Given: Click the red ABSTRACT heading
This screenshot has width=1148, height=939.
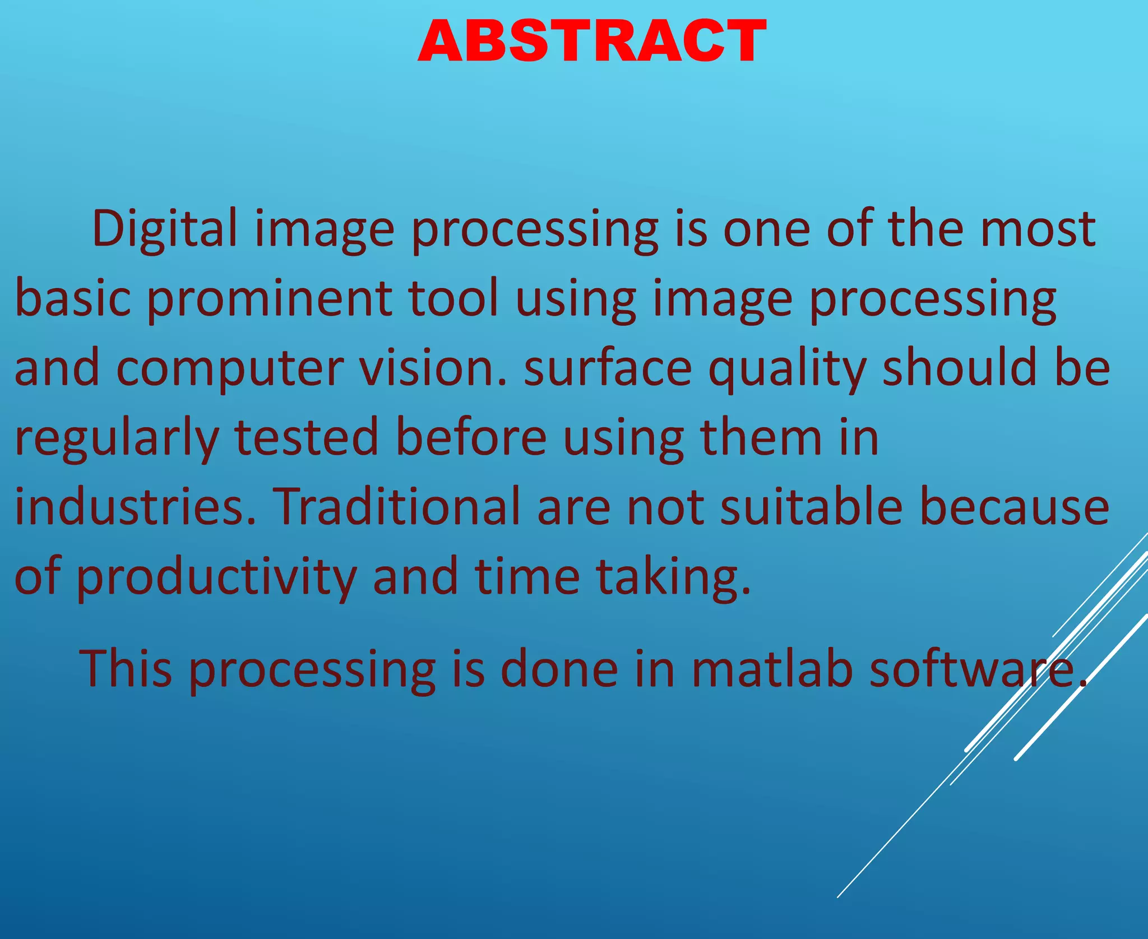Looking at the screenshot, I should pos(591,41).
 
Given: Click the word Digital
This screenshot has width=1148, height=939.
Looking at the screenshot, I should pos(165,229).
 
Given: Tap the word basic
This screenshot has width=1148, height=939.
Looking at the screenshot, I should pos(73,298).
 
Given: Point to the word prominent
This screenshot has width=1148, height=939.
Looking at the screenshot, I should pos(269,298).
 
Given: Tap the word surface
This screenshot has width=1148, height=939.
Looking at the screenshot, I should pos(608,368).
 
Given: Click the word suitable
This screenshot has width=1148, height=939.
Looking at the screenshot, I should pos(811,507).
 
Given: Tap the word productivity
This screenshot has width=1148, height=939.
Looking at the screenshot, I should pos(215,577).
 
